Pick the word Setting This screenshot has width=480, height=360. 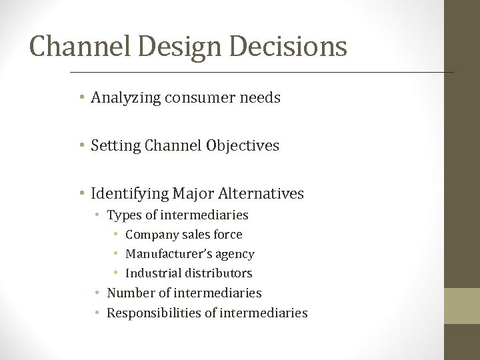(115, 146)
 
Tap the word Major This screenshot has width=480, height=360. (192, 194)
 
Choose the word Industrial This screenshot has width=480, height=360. (151, 273)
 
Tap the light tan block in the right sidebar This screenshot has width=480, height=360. (463, 305)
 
